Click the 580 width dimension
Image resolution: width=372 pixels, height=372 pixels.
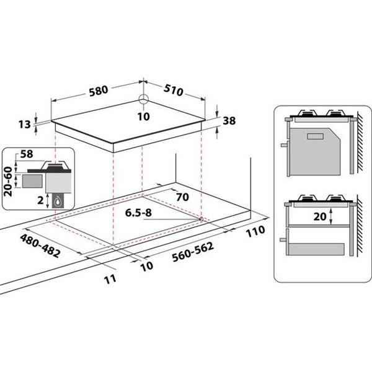click(98, 90)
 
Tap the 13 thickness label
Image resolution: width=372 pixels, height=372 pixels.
click(24, 125)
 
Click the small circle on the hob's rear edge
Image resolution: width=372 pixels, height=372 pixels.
click(143, 99)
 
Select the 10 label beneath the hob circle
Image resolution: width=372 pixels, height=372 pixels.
click(143, 115)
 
